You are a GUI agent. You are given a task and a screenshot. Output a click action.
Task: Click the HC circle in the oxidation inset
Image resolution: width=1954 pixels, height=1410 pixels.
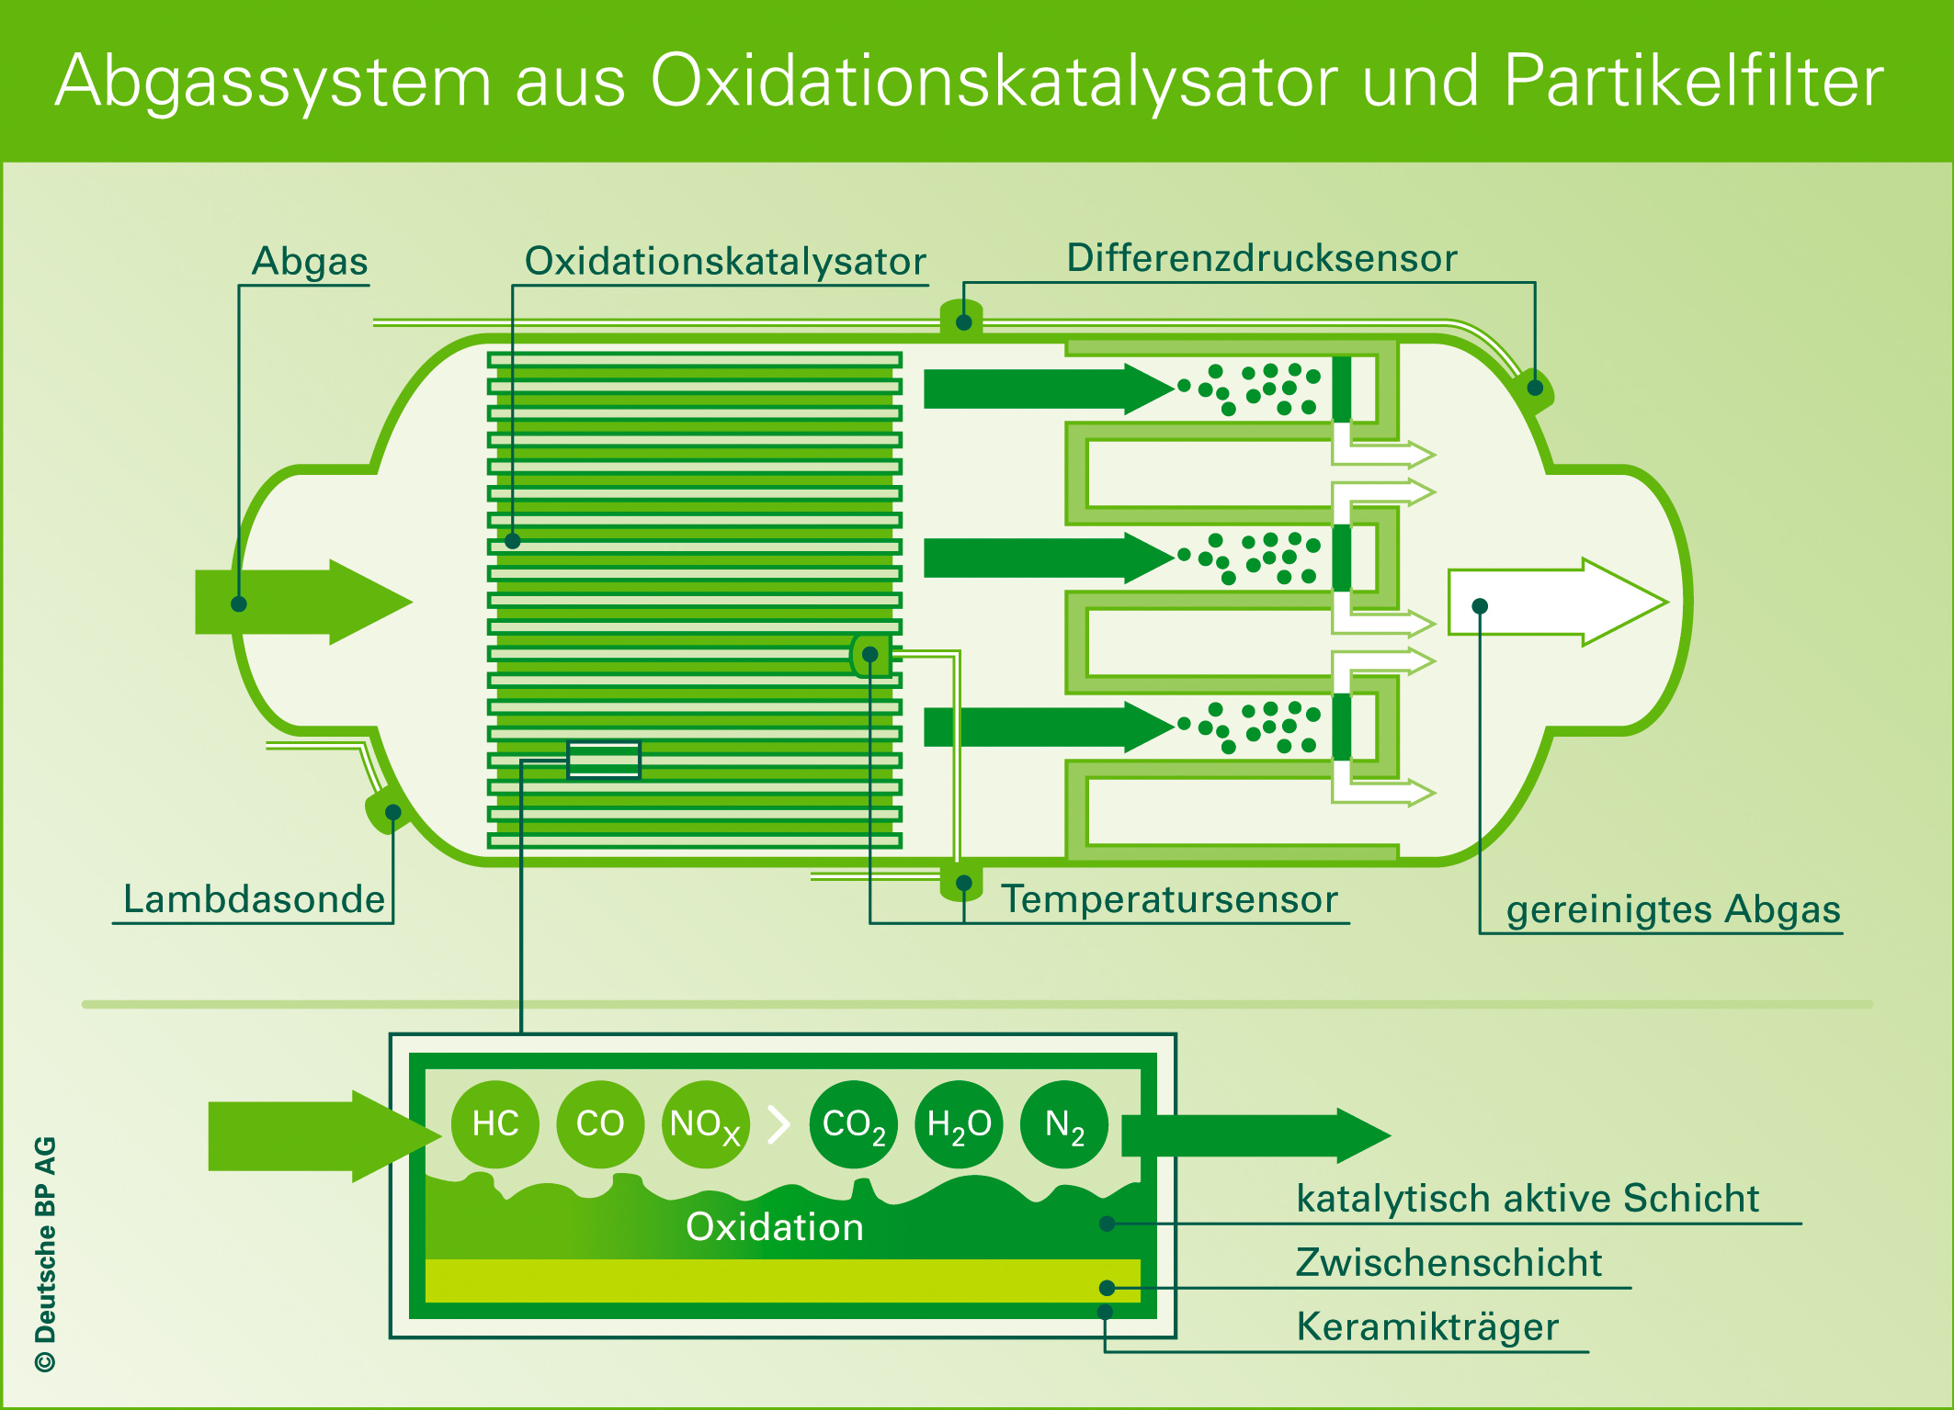[x=495, y=1123]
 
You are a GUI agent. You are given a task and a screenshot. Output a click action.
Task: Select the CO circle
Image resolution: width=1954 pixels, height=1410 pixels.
[x=600, y=1123]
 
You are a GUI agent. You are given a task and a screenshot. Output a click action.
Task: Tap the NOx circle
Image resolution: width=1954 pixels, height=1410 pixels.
[x=705, y=1124]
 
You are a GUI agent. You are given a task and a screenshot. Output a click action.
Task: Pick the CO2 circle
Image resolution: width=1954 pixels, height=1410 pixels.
[x=853, y=1124]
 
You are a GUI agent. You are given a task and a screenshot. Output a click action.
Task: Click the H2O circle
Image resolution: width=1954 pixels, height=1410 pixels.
[x=959, y=1124]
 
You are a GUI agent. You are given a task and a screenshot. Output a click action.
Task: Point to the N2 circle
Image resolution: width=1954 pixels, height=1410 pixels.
[x=1064, y=1124]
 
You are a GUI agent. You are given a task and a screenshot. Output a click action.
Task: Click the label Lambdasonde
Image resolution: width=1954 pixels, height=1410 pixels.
[x=254, y=899]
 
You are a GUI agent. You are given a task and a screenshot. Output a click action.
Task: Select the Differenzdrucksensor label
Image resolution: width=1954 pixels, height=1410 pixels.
[x=1262, y=258]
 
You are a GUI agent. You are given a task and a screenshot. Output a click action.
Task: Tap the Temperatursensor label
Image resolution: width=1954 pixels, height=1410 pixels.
[x=1169, y=899]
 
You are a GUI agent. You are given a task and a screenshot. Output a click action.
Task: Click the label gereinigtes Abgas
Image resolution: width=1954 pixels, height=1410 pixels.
[x=1673, y=909]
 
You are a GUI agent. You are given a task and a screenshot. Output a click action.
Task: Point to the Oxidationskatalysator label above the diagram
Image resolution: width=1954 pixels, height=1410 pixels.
[x=725, y=261]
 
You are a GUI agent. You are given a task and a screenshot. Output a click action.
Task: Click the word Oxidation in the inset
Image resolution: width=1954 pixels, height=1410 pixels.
[x=775, y=1227]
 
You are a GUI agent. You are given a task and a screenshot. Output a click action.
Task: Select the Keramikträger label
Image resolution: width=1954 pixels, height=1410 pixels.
[x=1427, y=1326]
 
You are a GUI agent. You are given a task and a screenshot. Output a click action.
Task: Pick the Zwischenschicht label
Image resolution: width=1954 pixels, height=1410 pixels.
[x=1448, y=1262]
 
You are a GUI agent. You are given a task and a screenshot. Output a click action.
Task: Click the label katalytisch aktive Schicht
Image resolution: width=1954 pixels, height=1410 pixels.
[x=1528, y=1198]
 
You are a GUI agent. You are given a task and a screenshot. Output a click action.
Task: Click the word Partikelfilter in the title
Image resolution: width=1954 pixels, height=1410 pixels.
[x=1694, y=81]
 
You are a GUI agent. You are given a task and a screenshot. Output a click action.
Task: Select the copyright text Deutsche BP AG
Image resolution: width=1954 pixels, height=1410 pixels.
[x=46, y=1254]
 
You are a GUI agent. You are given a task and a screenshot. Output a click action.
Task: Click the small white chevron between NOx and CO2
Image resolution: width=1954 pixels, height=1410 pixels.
[x=779, y=1124]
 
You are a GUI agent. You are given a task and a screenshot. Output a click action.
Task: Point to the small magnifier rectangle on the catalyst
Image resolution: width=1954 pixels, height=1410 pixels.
[x=604, y=760]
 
